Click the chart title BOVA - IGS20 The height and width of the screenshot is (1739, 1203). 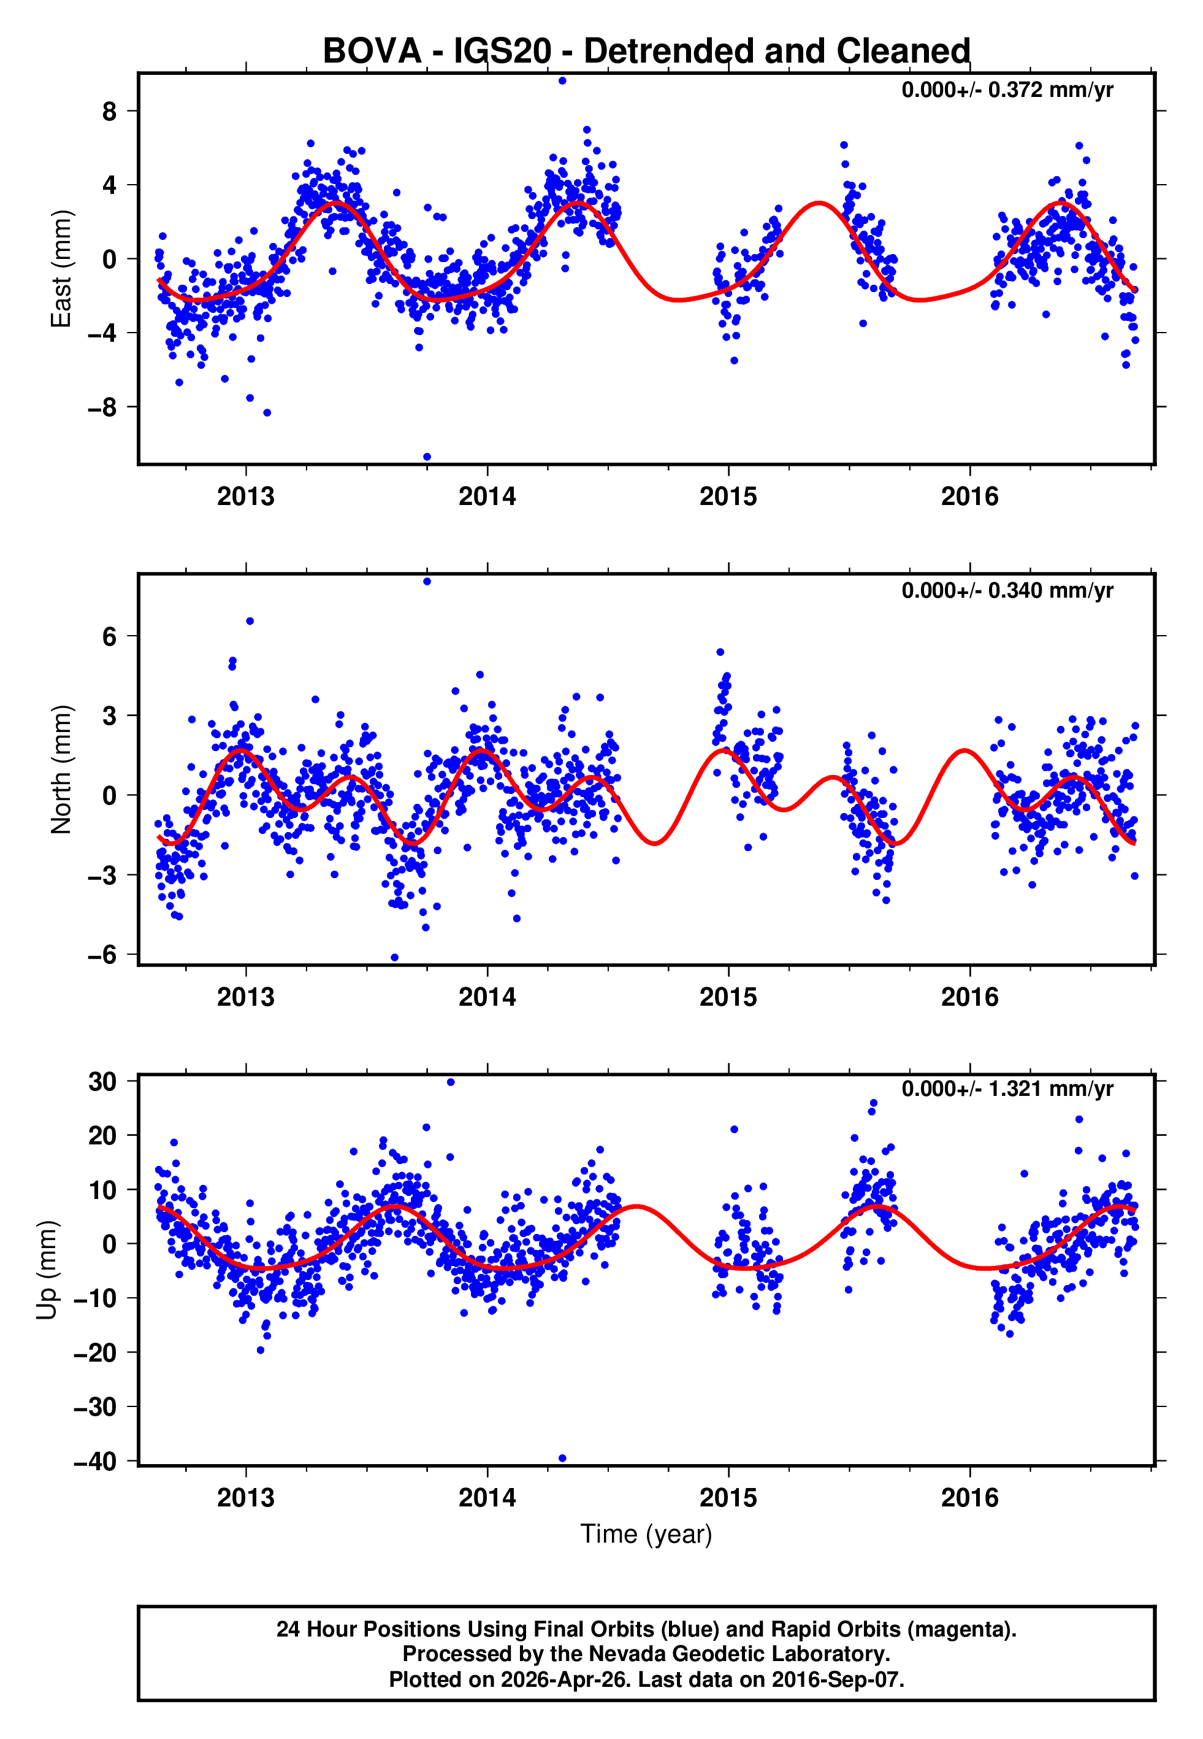pyautogui.click(x=646, y=52)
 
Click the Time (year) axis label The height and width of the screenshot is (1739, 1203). pyautogui.click(x=646, y=1534)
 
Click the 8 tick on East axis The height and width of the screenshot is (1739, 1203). pyautogui.click(x=110, y=112)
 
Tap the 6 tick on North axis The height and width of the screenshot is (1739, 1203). pyautogui.click(x=110, y=636)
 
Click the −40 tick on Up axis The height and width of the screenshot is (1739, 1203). pyautogui.click(x=95, y=1462)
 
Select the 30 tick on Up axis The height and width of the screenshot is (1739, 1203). pyautogui.click(x=102, y=1081)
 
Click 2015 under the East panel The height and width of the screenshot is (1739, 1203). pyautogui.click(x=728, y=497)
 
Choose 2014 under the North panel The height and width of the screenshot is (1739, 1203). pyautogui.click(x=487, y=997)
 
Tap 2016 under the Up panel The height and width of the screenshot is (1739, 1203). pyautogui.click(x=969, y=1498)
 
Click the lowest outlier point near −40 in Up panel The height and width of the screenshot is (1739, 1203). pyautogui.click(x=562, y=1459)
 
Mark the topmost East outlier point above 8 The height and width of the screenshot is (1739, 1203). pyautogui.click(x=562, y=80)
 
